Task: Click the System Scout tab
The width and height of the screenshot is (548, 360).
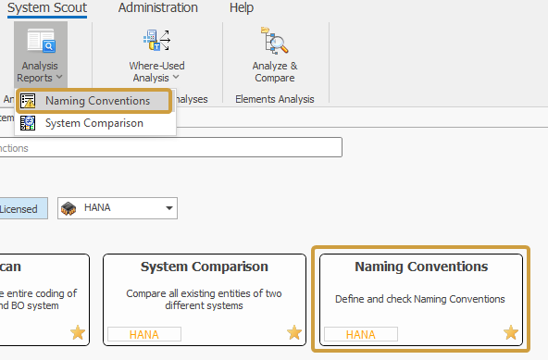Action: click(x=47, y=8)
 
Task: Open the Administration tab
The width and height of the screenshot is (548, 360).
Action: click(x=157, y=8)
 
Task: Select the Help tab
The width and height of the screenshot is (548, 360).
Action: click(x=242, y=8)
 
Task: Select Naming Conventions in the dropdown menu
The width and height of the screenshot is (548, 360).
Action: click(x=97, y=101)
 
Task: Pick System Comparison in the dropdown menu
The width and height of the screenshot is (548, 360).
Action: click(x=93, y=123)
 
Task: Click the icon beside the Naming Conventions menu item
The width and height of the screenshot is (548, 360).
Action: click(x=29, y=101)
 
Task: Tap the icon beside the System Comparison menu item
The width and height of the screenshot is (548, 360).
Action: click(x=29, y=123)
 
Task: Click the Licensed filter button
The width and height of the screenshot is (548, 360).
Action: click(x=19, y=208)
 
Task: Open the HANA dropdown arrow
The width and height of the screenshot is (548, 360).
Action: click(x=168, y=208)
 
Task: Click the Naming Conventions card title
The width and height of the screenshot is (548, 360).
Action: click(x=421, y=267)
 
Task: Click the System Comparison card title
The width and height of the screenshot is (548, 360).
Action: click(x=205, y=267)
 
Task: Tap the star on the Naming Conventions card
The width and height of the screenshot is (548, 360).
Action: click(x=511, y=332)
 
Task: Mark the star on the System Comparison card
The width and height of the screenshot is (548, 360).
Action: click(x=294, y=332)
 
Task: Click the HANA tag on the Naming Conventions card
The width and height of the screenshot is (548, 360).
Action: click(x=360, y=334)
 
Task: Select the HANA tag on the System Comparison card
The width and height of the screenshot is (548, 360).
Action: click(x=143, y=334)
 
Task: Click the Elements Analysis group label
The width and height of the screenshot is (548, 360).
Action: click(x=275, y=99)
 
